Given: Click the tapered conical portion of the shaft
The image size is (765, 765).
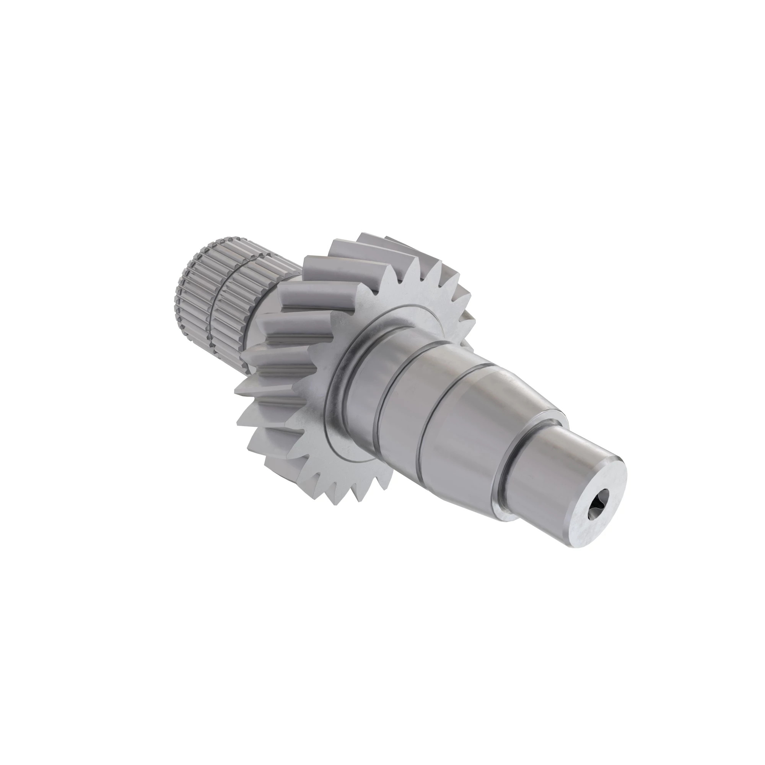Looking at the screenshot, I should (x=515, y=400).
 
